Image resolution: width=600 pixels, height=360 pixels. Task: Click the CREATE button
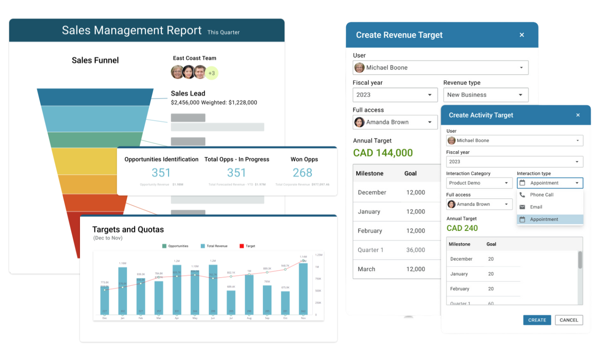(x=537, y=320)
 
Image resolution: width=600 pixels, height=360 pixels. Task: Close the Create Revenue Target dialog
(x=522, y=35)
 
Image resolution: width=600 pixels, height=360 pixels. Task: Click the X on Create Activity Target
(x=578, y=115)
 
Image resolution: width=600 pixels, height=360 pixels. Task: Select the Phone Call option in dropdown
(x=542, y=195)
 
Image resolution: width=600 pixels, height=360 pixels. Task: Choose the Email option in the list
(x=536, y=207)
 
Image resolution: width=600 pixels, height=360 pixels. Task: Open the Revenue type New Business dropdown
(x=486, y=95)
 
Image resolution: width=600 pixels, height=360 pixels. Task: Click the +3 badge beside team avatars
(x=212, y=73)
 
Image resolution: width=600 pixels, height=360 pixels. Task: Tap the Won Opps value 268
(x=302, y=173)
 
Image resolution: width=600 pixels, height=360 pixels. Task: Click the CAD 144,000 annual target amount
(x=383, y=153)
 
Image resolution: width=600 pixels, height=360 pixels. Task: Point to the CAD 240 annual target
(x=462, y=228)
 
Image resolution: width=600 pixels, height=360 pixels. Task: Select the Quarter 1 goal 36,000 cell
(x=416, y=250)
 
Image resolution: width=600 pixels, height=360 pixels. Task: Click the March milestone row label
(x=366, y=269)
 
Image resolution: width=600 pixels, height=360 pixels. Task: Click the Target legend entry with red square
(x=248, y=246)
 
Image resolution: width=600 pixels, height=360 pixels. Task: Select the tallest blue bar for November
(x=303, y=288)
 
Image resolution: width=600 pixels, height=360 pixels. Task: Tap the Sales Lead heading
(x=188, y=94)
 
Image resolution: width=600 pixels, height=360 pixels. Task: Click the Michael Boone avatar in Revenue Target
(x=360, y=68)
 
